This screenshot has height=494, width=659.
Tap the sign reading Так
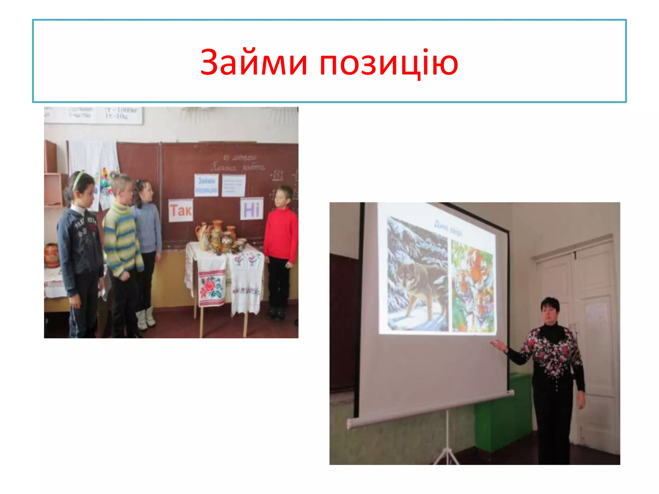tap(181, 211)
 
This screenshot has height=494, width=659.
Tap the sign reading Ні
tap(251, 209)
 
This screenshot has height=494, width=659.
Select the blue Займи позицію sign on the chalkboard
tap(206, 185)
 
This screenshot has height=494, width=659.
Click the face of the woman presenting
tap(550, 314)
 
